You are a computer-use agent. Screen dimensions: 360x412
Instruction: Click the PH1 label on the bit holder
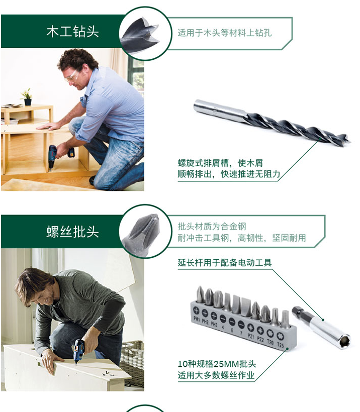(197, 319)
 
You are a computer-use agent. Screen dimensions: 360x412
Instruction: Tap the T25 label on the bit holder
(281, 345)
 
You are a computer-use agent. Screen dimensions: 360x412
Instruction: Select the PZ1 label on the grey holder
(251, 336)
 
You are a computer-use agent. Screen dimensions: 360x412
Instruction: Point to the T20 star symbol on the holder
(271, 334)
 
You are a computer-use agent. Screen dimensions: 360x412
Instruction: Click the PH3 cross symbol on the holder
(214, 316)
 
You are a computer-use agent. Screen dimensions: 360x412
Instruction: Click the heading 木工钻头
(72, 32)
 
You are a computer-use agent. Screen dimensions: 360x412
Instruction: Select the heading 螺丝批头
(72, 232)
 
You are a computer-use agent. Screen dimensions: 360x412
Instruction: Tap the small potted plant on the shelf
(27, 97)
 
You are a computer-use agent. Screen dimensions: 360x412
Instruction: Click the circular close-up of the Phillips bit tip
(145, 232)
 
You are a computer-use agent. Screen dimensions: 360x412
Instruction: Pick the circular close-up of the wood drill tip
(145, 34)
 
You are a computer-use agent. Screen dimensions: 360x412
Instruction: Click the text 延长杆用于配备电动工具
(225, 262)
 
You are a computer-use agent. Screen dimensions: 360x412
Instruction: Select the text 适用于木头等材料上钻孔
(225, 33)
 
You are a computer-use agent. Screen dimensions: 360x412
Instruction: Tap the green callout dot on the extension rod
(323, 320)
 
